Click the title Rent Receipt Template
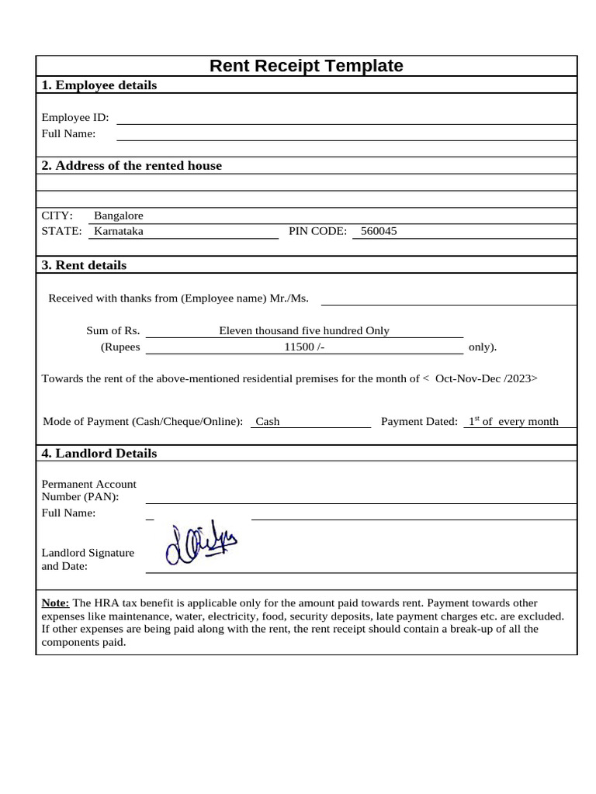point(306,66)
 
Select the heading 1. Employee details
point(99,85)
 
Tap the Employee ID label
point(75,118)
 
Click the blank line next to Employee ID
point(346,119)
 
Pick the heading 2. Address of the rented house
point(132,165)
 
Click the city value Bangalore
point(119,216)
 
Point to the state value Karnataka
point(119,231)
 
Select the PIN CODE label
point(317,231)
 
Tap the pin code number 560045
point(379,231)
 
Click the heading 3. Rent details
point(84,265)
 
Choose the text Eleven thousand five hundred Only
point(304,330)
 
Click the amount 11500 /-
point(304,347)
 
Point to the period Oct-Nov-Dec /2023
point(484,378)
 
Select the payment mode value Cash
point(268,422)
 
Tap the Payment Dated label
point(419,422)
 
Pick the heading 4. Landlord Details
point(99,454)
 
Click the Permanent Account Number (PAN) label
point(88,490)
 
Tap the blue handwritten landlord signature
point(200,544)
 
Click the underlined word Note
point(55,602)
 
